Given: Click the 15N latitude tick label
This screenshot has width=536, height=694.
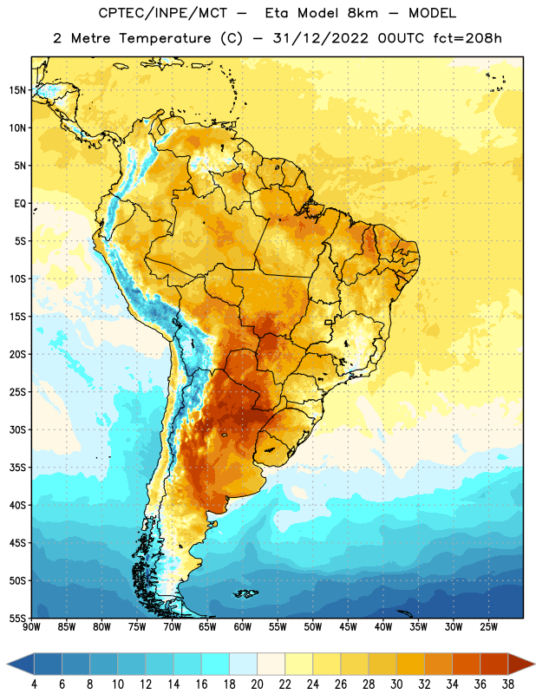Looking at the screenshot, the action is tap(17, 90).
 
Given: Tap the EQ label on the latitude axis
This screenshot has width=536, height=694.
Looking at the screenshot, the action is tap(20, 204).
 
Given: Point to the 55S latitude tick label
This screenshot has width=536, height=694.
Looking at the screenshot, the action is tap(17, 619).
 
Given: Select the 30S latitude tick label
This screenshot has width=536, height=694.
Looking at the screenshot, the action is tap(17, 429).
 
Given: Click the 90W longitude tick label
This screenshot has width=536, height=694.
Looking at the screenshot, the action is tap(31, 627).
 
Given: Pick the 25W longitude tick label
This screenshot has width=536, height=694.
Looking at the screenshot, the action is tap(488, 627).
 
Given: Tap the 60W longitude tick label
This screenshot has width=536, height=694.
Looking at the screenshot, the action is tap(243, 627).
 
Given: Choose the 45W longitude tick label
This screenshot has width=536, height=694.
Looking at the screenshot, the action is tap(349, 627).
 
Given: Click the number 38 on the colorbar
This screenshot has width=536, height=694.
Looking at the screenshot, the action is tap(507, 684).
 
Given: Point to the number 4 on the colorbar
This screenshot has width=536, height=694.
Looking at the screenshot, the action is tap(34, 684).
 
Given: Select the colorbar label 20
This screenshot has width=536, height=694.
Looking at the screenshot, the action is tap(257, 684).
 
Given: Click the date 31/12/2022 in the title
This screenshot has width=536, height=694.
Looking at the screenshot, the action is tap(320, 38).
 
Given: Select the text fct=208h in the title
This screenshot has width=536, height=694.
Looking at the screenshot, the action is tap(467, 38).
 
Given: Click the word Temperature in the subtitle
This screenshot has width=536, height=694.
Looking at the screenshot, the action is tap(165, 39).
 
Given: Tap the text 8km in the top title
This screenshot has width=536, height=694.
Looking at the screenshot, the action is tap(363, 13).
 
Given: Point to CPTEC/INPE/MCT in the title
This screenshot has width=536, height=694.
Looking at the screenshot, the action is tap(163, 13).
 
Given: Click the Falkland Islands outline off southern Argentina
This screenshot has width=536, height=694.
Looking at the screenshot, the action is tap(245, 593).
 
